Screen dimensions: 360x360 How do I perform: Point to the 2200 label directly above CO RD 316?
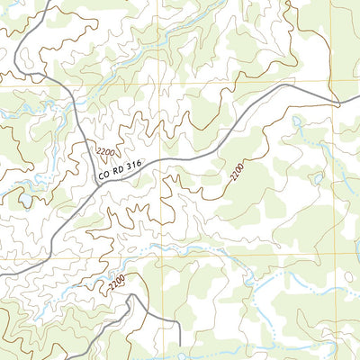[105, 149]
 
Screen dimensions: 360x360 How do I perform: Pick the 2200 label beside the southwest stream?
[115, 283]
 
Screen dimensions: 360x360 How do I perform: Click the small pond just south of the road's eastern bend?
[297, 118]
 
